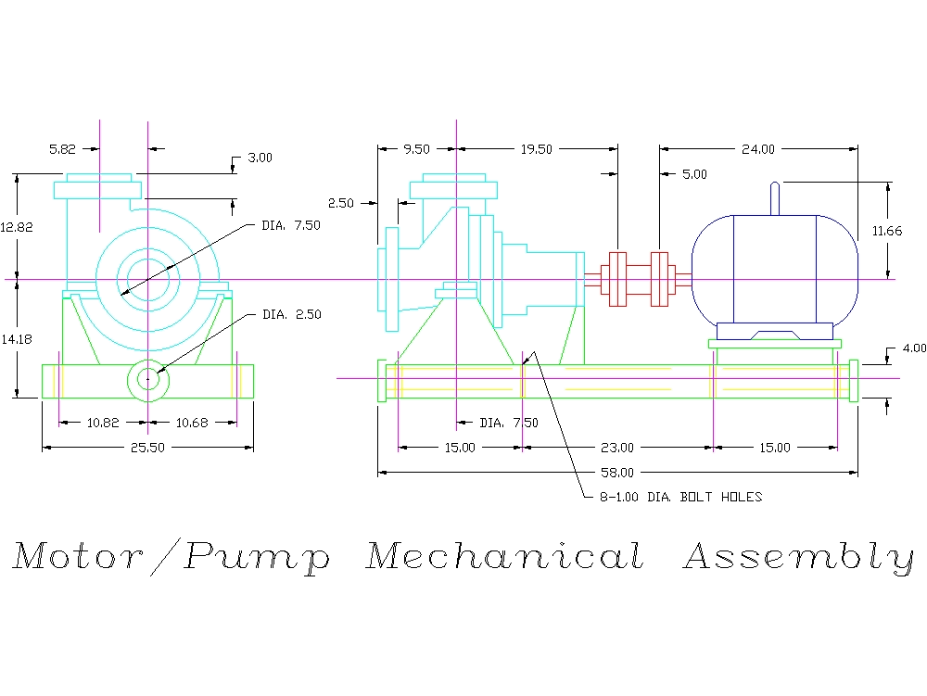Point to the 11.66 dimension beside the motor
(887, 231)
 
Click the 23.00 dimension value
(616, 448)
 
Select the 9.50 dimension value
(417, 148)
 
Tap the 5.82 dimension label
(64, 147)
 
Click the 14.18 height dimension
(17, 339)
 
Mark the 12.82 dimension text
(17, 226)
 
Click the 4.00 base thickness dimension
(914, 348)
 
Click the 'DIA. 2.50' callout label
(292, 315)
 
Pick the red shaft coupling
(637, 278)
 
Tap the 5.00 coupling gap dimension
(694, 173)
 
